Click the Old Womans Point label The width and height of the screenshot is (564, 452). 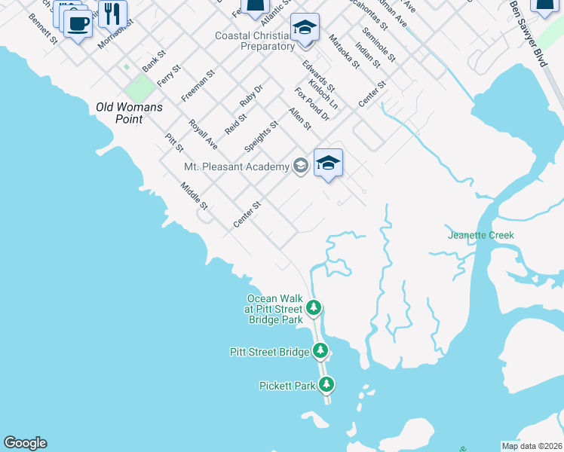click(129, 113)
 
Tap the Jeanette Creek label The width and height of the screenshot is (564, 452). click(480, 235)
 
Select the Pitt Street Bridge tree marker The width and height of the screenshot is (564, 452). click(320, 350)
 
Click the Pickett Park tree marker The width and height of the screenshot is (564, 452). click(326, 385)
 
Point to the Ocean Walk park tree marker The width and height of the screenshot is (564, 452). click(314, 307)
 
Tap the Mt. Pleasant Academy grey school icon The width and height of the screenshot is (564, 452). click(301, 166)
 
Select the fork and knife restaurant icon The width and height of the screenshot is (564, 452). click(112, 13)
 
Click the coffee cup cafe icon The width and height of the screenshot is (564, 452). click(77, 23)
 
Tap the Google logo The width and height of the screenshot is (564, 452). click(25, 443)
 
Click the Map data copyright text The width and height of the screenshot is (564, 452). click(532, 445)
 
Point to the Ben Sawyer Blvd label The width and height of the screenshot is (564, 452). click(538, 34)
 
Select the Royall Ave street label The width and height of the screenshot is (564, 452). click(203, 134)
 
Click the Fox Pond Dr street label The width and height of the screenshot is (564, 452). click(312, 104)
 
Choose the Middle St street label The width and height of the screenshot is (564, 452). click(194, 196)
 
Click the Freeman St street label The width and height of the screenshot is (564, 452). click(198, 86)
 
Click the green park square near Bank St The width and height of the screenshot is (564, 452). click(138, 88)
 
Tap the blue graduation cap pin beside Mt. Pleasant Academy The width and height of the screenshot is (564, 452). click(328, 163)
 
